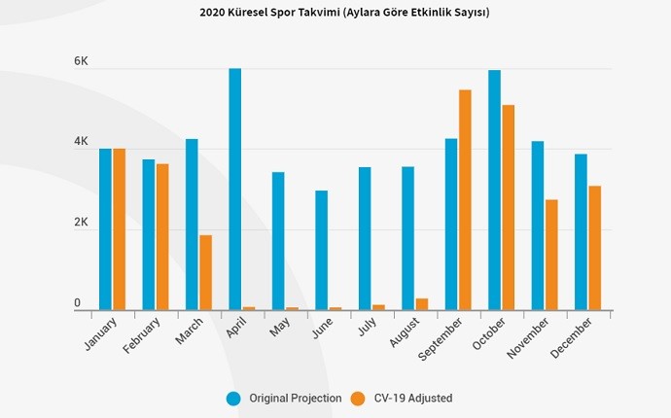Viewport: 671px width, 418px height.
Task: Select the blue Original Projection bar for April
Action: (235, 190)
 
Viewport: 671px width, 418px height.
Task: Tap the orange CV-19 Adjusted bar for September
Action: (465, 199)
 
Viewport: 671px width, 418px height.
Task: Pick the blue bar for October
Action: (494, 190)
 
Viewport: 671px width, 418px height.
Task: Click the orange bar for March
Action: (205, 272)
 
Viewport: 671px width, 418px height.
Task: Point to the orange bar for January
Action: (120, 229)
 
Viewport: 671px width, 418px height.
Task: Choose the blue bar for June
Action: (321, 250)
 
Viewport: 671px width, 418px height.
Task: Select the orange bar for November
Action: (551, 255)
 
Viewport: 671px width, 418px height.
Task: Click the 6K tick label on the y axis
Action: (82, 62)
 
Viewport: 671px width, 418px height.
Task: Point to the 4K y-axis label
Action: (82, 143)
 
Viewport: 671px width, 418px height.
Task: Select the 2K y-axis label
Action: (82, 224)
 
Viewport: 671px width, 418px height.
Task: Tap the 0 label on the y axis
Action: (77, 304)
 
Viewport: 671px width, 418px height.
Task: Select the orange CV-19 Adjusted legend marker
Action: (358, 398)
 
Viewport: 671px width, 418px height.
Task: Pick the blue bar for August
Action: (407, 238)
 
